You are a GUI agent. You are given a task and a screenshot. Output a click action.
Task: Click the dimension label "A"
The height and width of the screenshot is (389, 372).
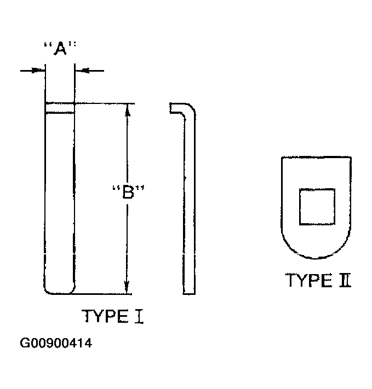[60, 48]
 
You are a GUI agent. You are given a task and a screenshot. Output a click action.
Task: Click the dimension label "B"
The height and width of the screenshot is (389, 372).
[128, 191]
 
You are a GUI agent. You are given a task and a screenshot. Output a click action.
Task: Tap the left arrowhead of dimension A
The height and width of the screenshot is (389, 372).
[38, 71]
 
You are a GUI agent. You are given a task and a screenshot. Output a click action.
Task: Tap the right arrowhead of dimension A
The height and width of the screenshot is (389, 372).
[82, 71]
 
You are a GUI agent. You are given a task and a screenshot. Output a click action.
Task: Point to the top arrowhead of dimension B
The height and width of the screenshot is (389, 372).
[128, 110]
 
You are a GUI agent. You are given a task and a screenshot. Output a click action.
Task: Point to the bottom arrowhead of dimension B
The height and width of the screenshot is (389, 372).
[127, 287]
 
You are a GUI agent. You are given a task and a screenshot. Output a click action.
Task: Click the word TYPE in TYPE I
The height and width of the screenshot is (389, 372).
[105, 316]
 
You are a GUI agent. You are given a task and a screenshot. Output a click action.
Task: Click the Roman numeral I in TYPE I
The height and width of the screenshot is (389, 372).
[139, 316]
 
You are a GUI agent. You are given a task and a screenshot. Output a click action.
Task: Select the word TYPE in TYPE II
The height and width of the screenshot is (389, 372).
[308, 280]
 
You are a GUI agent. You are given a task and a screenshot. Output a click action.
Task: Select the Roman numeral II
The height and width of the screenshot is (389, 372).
[345, 280]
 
